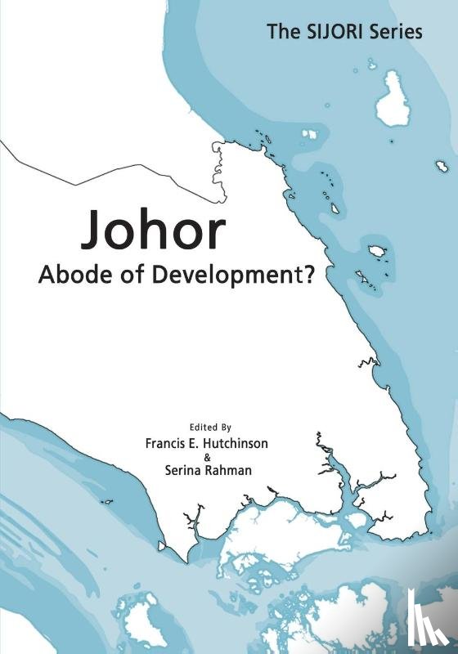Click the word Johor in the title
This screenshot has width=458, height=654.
153,232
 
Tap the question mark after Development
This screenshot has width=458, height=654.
310,275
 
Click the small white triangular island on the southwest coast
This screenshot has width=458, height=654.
162,546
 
